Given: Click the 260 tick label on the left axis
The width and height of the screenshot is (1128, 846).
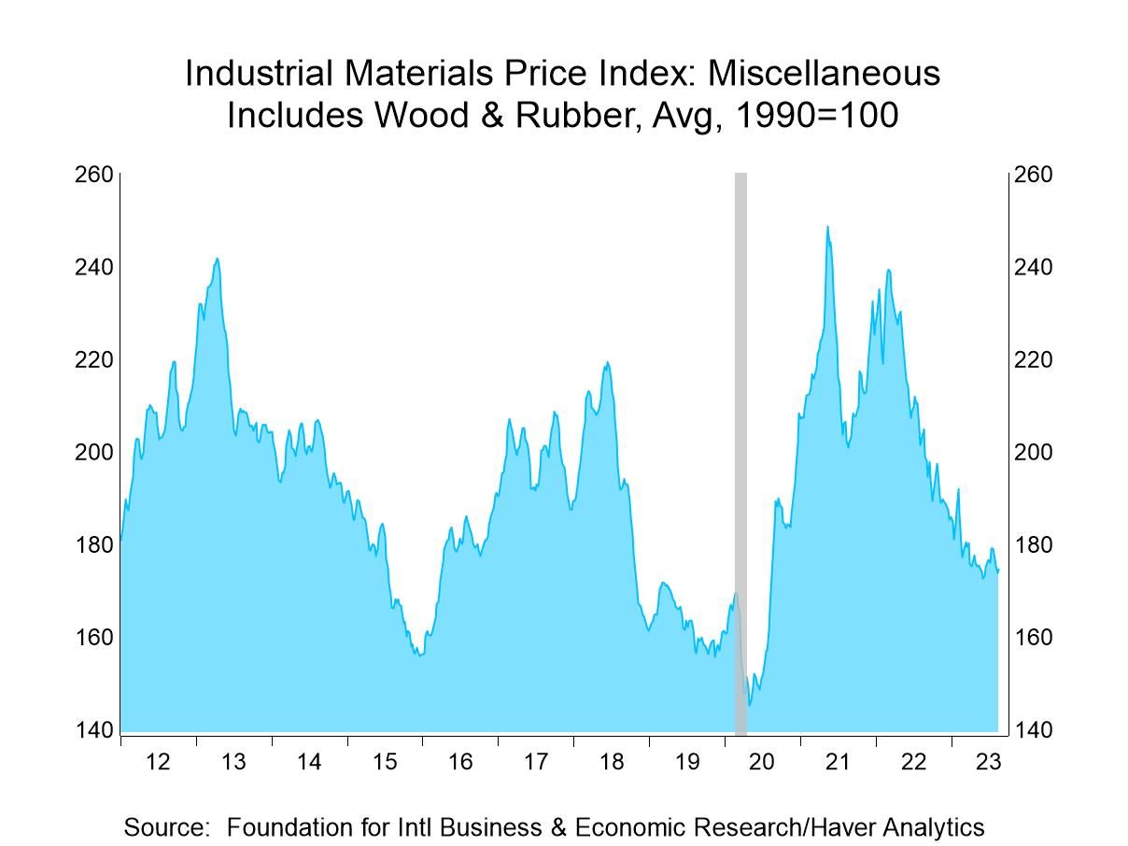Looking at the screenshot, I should (93, 176).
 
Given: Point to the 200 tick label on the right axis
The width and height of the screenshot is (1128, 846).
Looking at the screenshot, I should (1034, 453).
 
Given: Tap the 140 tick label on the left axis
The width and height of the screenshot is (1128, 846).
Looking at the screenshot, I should (93, 730).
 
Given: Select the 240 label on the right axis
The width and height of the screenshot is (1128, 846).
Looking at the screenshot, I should (1034, 268).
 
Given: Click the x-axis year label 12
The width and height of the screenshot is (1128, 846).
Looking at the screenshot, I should (158, 762).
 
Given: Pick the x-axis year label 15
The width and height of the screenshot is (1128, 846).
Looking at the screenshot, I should (385, 762).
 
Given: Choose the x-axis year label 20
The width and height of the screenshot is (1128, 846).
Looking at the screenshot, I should (762, 762).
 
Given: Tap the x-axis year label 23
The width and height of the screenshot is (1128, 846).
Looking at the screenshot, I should (988, 762).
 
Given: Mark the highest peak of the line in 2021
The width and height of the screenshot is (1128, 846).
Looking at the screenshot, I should (827, 226).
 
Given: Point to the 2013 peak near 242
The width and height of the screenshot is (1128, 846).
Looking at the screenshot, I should (217, 259).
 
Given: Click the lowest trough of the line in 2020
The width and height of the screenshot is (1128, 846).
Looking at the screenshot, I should (749, 705).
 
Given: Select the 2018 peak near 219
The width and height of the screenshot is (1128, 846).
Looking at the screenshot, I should (607, 362).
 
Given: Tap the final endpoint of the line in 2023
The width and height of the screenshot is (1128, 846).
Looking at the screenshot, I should (998, 571).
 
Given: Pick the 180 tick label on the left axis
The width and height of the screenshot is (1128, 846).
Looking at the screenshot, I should (93, 545).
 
